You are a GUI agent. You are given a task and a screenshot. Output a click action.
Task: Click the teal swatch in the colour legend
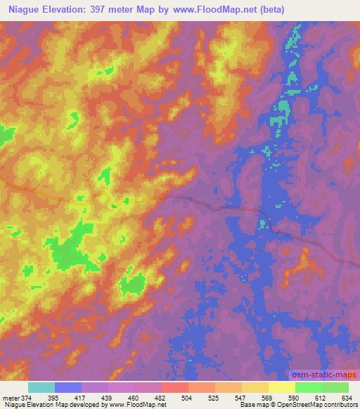(41, 387)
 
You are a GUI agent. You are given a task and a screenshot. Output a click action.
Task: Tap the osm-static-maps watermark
(323, 377)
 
